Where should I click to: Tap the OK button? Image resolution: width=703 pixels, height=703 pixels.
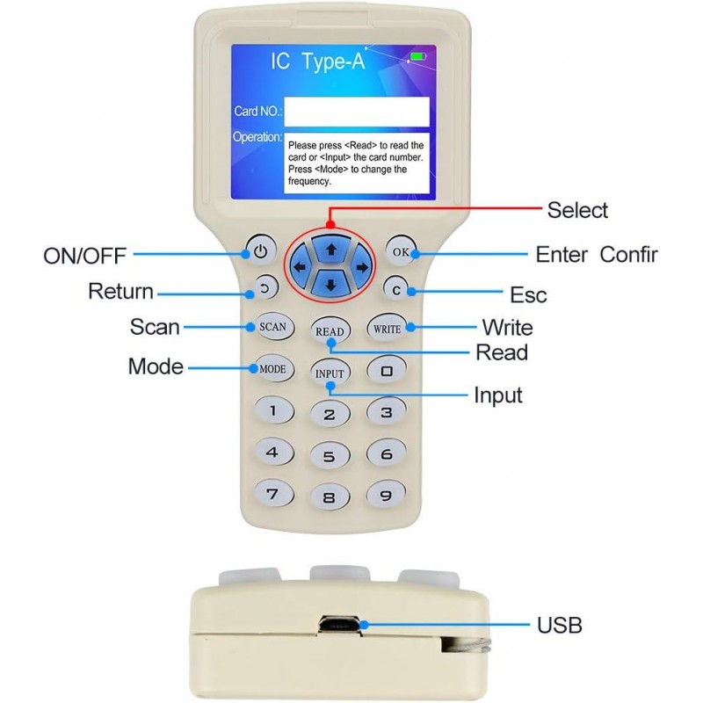tap(401, 251)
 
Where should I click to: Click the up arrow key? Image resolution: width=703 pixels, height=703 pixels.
tap(331, 250)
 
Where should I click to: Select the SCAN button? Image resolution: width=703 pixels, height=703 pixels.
tap(273, 326)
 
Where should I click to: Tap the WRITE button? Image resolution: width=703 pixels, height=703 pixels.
tap(388, 328)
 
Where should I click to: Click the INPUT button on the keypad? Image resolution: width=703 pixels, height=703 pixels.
tap(330, 373)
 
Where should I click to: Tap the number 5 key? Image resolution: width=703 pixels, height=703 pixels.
tap(330, 456)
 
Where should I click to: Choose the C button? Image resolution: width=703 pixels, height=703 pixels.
tap(396, 289)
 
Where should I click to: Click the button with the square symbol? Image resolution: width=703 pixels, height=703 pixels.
tap(387, 371)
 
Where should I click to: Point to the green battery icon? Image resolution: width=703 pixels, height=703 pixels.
tap(418, 56)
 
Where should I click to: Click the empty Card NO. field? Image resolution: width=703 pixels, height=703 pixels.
tap(357, 112)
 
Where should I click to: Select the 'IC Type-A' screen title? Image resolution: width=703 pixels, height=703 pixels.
tap(318, 61)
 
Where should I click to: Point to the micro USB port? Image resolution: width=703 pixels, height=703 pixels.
tap(339, 625)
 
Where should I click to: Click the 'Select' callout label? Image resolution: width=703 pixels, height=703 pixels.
tap(577, 210)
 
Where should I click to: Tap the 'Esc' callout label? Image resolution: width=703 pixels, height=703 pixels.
tap(529, 294)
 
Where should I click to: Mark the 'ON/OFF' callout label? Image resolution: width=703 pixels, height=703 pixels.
tap(84, 256)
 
